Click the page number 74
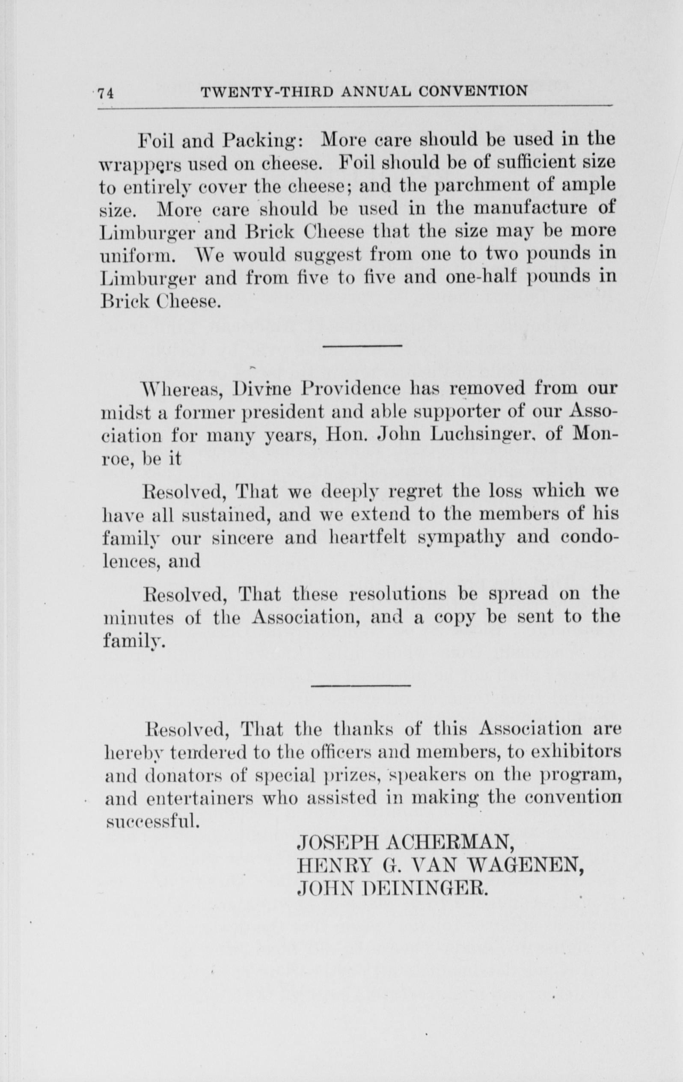point(107,93)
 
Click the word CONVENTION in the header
point(473,91)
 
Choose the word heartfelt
point(367,538)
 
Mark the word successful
point(151,820)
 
